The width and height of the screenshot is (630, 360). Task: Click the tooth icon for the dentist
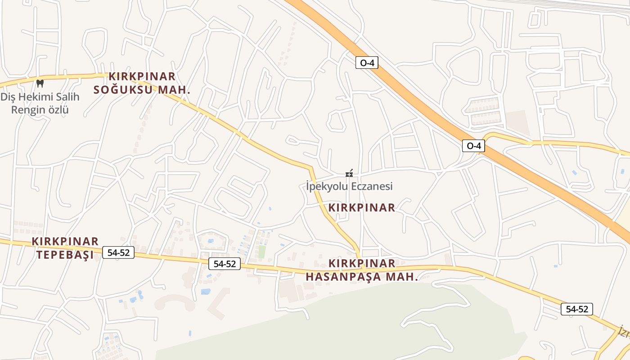coord(40,83)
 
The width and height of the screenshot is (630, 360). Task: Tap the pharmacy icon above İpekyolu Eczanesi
coord(349,173)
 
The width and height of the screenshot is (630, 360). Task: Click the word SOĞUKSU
coord(124,90)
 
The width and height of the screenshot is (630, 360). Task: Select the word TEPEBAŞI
coord(65,255)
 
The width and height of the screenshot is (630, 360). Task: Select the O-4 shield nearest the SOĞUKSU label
coord(367,63)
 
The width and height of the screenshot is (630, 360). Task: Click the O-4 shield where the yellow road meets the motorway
coord(473,146)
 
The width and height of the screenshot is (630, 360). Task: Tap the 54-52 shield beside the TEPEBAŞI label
coord(118,253)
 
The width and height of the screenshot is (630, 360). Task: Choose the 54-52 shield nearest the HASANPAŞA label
coord(225,264)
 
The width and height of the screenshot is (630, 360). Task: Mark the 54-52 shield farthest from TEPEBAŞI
coord(576,309)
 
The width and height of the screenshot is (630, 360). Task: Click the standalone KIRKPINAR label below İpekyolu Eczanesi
coord(362,208)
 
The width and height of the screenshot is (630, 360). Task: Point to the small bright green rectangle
coord(261,252)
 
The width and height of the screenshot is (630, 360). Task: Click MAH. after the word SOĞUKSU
coord(174,90)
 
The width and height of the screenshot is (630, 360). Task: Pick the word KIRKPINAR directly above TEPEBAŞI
coord(65,242)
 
